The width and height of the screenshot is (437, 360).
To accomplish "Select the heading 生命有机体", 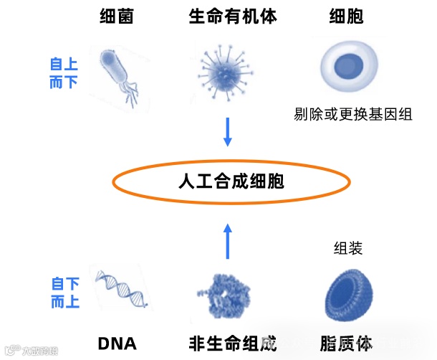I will (x=232, y=16).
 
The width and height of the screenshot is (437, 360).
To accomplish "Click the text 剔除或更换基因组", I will (x=353, y=113).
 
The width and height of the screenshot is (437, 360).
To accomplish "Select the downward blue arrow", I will (x=228, y=131).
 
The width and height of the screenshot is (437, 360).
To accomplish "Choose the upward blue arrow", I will (x=228, y=241).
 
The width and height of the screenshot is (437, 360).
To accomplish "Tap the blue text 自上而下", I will (x=63, y=72).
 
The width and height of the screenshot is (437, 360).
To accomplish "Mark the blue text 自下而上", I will (x=63, y=293).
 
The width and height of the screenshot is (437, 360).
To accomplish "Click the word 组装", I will (x=348, y=248).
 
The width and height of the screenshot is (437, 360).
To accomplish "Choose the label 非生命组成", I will (x=232, y=342).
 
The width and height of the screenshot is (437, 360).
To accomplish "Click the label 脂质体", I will (x=346, y=342).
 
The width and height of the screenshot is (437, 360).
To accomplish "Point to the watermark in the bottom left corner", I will (x=26, y=351).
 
